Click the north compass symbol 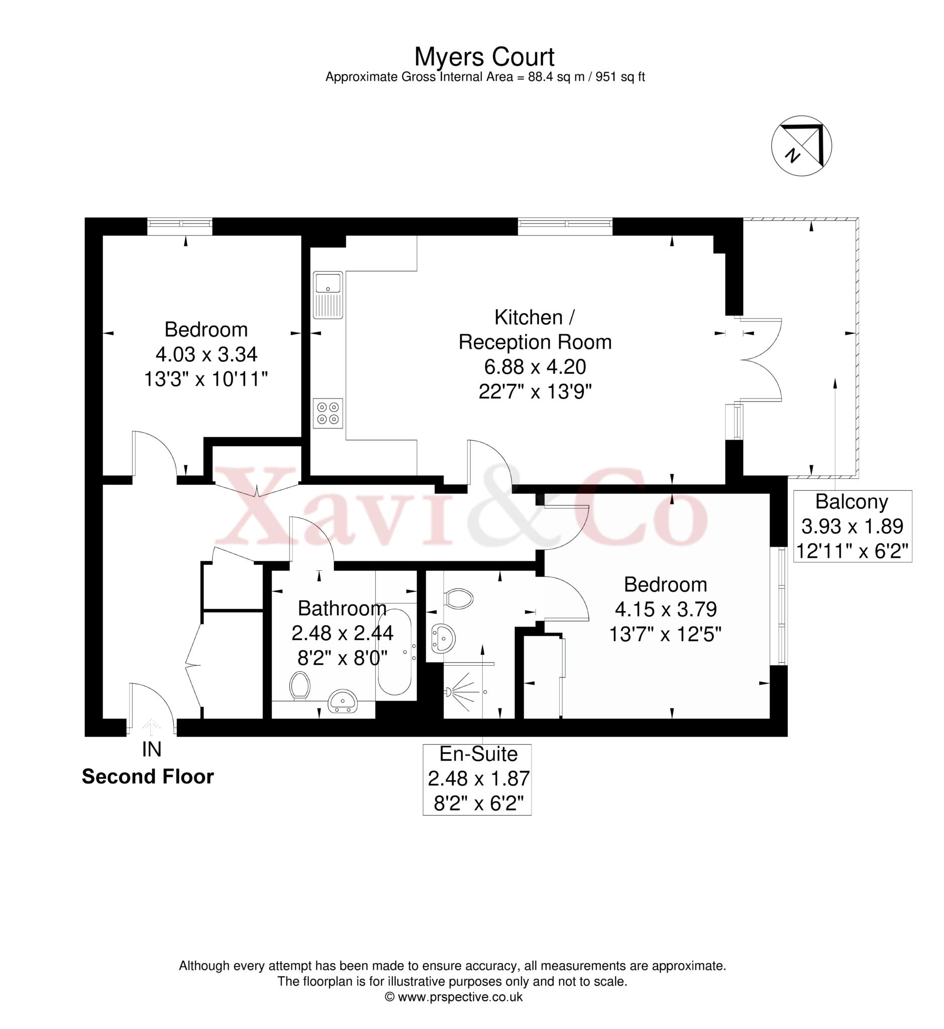[x=801, y=146]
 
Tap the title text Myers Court [x=484, y=57]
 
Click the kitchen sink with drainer [x=328, y=295]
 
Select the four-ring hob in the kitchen [x=328, y=414]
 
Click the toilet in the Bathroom [x=300, y=686]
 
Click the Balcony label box [x=852, y=526]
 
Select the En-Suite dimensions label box [x=477, y=779]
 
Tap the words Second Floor [x=148, y=777]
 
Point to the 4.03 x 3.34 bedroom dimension [x=206, y=354]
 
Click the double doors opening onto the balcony [x=760, y=359]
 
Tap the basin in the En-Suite [x=443, y=638]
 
